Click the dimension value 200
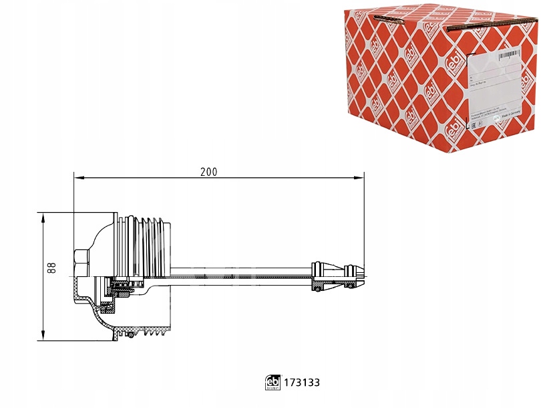pos(209,171)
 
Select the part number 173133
pos(302,383)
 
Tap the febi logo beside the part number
pos(273,383)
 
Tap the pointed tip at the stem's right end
pos(360,271)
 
